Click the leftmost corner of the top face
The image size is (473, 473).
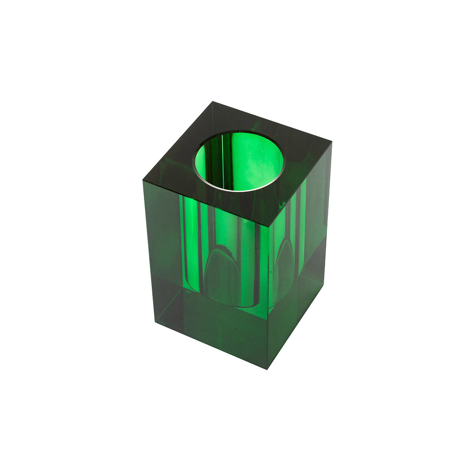click(142, 181)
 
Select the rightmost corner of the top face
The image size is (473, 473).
click(331, 141)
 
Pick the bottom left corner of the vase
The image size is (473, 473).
click(155, 322)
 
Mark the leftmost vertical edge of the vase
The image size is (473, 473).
click(149, 252)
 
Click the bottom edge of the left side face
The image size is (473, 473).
click(211, 345)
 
